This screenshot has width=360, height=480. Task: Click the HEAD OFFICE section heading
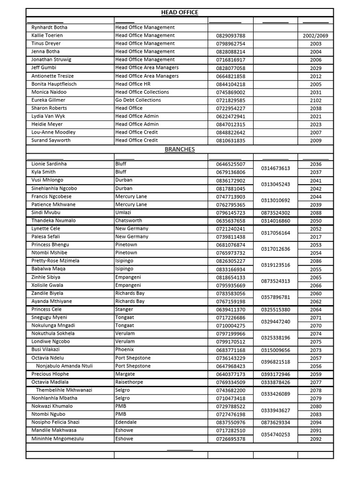[180, 12]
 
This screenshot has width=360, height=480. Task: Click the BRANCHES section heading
[180, 150]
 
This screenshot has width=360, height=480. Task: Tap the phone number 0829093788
[231, 36]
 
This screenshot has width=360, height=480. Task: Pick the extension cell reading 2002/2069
[315, 36]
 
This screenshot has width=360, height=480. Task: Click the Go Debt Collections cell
[138, 100]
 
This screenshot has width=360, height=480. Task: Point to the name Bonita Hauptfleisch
[54, 84]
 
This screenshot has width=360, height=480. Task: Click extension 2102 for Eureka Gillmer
[315, 100]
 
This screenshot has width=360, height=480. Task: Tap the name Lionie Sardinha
[49, 165]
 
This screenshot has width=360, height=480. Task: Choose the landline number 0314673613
[276, 168]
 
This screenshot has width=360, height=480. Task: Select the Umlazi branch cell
[124, 213]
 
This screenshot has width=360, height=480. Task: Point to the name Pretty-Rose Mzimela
[55, 261]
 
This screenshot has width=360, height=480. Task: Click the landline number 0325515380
[276, 310]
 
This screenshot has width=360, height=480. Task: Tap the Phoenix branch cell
[125, 350]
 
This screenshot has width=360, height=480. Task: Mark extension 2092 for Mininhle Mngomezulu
[315, 439]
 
